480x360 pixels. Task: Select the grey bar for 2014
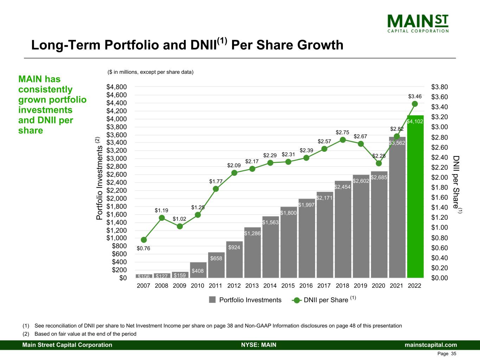tap(270, 250)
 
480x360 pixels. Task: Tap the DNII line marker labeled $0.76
tap(143, 240)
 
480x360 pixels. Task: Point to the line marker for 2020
tap(379, 163)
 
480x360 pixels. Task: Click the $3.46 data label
tap(415, 96)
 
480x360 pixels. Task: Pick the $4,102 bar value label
tap(415, 121)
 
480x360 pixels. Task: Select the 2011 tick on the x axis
tap(216, 285)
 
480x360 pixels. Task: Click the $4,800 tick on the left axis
tap(117, 87)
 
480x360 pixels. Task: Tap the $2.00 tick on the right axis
tap(440, 177)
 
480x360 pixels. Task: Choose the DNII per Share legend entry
tap(325, 300)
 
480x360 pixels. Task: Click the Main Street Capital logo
tap(418, 23)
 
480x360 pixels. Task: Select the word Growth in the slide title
tap(320, 45)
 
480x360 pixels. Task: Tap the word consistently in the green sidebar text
tap(45, 90)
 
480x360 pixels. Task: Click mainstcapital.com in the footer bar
tap(431, 345)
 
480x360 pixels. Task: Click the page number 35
tap(453, 354)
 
